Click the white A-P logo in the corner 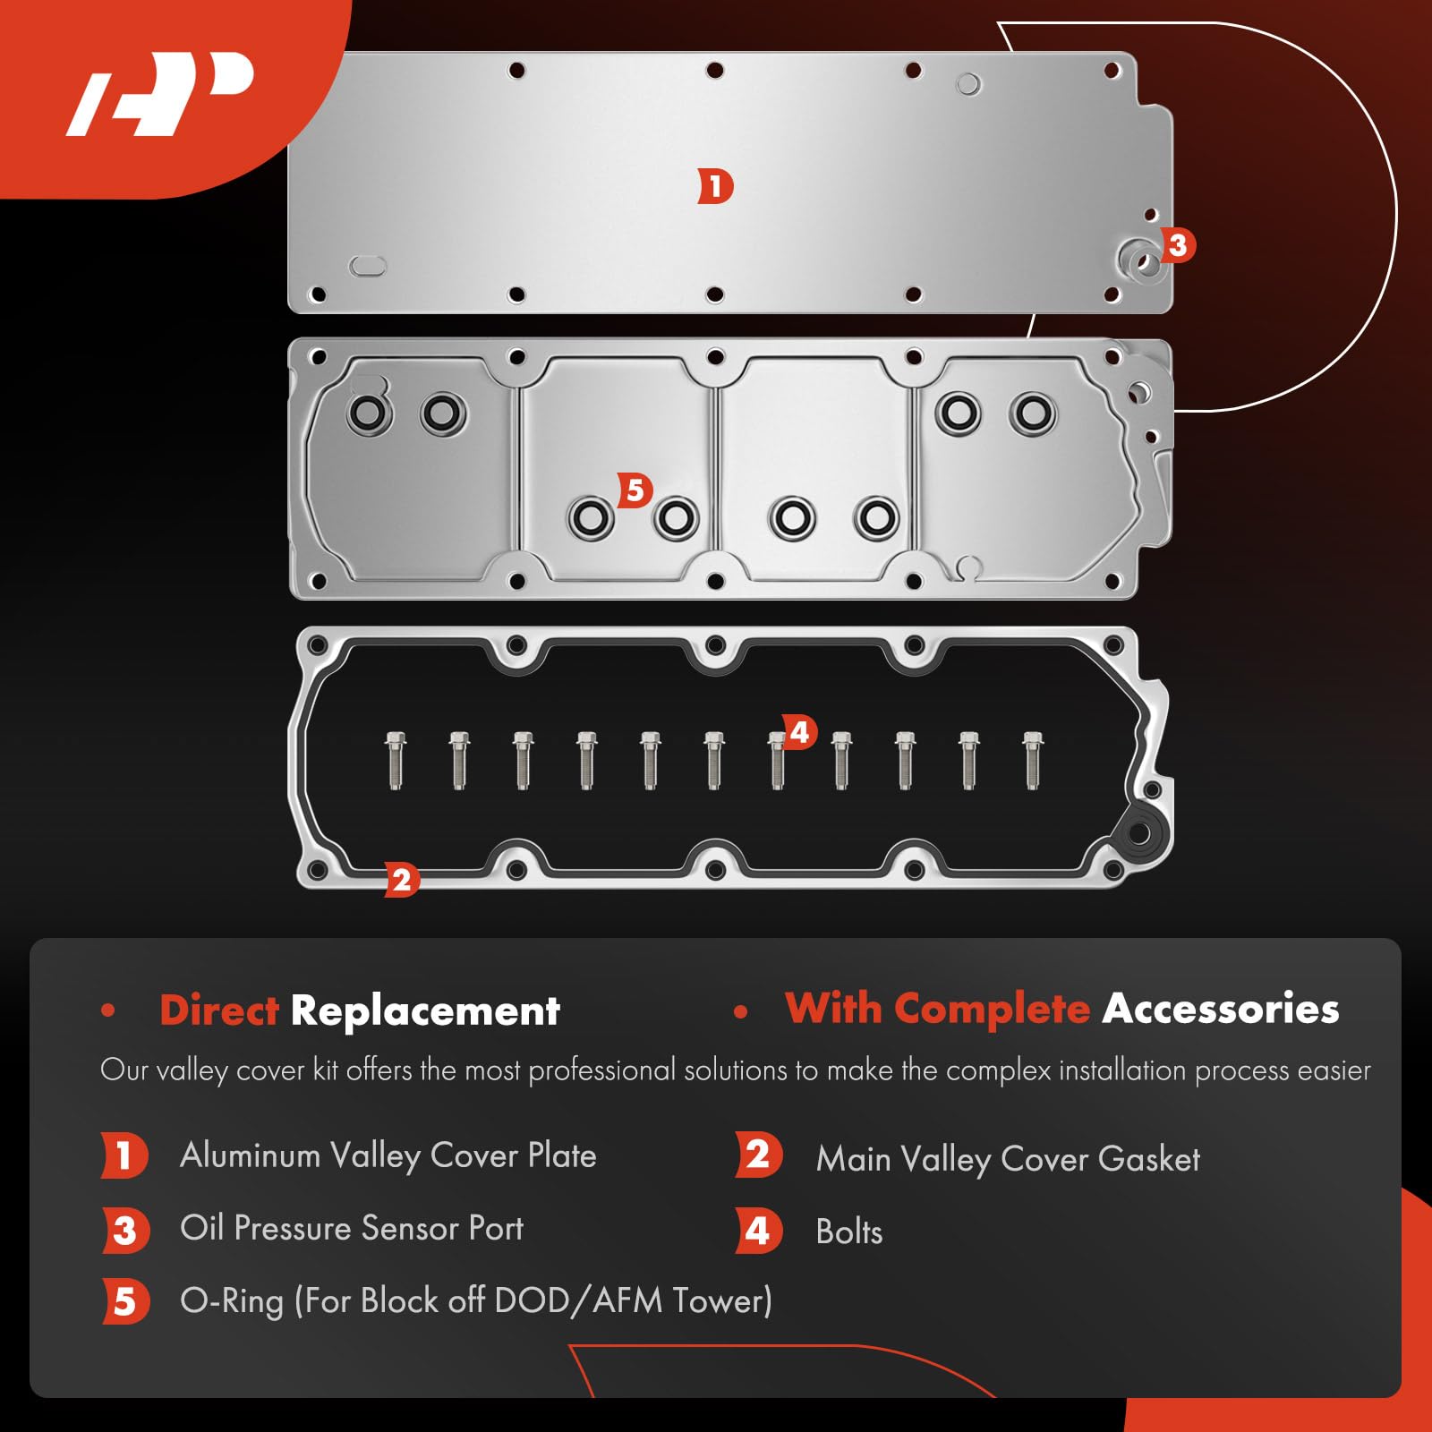pos(161,94)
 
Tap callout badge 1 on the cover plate pos(715,187)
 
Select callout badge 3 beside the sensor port pos(1177,244)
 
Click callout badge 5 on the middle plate pos(635,490)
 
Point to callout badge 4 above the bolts pos(799,732)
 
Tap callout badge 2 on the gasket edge pos(401,880)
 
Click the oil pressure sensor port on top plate pos(1141,262)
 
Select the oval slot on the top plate pos(367,266)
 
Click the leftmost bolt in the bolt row pos(396,760)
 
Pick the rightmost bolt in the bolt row pos(1033,760)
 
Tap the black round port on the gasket pos(1138,833)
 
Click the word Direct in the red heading pos(219,1010)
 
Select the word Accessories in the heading pos(1221,1009)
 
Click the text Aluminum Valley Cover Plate pos(388,1155)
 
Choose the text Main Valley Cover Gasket pos(1008,1159)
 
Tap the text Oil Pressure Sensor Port pos(352,1229)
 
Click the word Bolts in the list pos(848,1232)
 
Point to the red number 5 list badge pos(124,1301)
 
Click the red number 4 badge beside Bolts pos(758,1232)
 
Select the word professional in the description pos(601,1070)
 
